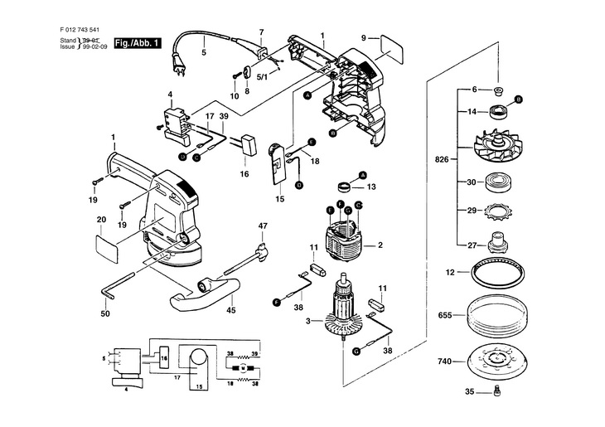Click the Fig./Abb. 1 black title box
coord(138,43)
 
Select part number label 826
coord(442,158)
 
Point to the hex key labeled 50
coord(118,287)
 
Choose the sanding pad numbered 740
coord(496,361)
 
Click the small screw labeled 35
coord(497,392)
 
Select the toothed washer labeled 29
coord(496,211)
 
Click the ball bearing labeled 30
coord(497,182)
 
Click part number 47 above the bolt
coord(263,226)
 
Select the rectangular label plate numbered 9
coord(392,50)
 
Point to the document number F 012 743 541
coord(82,29)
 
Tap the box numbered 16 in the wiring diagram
coord(164,358)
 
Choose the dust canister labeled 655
coord(497,316)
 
